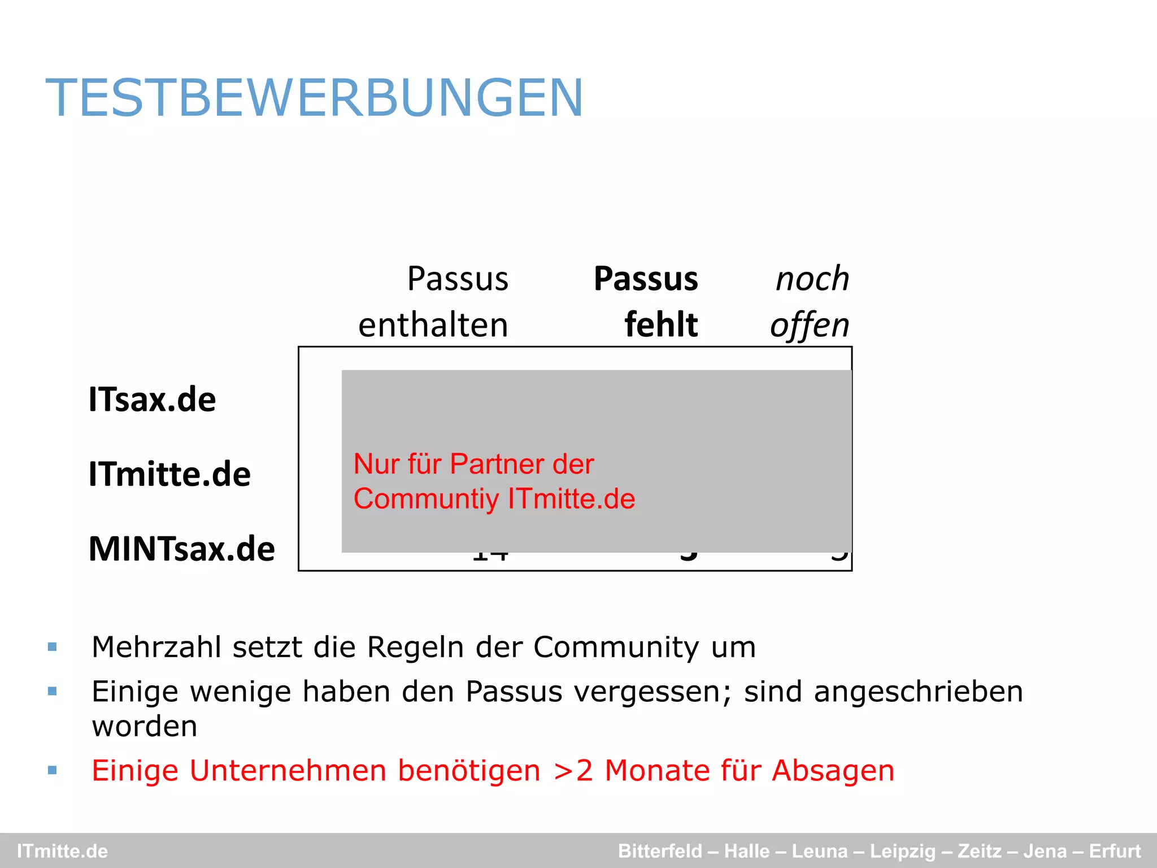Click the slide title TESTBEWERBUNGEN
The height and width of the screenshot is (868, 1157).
pos(314,98)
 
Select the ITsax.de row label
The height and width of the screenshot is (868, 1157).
pos(152,400)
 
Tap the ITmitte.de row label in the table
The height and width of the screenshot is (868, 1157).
pos(169,474)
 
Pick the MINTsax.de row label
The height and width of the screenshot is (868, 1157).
pos(182,549)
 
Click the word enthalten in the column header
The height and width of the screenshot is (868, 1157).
pos(433,325)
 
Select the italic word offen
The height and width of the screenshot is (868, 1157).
pos(810,326)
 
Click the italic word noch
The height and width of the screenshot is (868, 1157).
pos(812,279)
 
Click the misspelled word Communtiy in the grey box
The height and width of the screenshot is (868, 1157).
pos(427,499)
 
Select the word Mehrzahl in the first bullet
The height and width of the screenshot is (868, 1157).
pos(156,647)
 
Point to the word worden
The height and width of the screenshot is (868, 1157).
pos(145,726)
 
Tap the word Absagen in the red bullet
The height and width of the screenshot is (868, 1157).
pos(833,771)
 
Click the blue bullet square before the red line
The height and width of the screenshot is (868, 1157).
pos(53,770)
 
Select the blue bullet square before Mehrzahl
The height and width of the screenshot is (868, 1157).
pos(53,647)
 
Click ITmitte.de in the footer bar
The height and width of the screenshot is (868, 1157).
pos(62,851)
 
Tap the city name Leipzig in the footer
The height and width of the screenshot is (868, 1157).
pos(902,851)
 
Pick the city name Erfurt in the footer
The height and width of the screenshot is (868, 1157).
pos(1115,851)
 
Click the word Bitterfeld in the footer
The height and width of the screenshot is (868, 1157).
pos(660,851)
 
